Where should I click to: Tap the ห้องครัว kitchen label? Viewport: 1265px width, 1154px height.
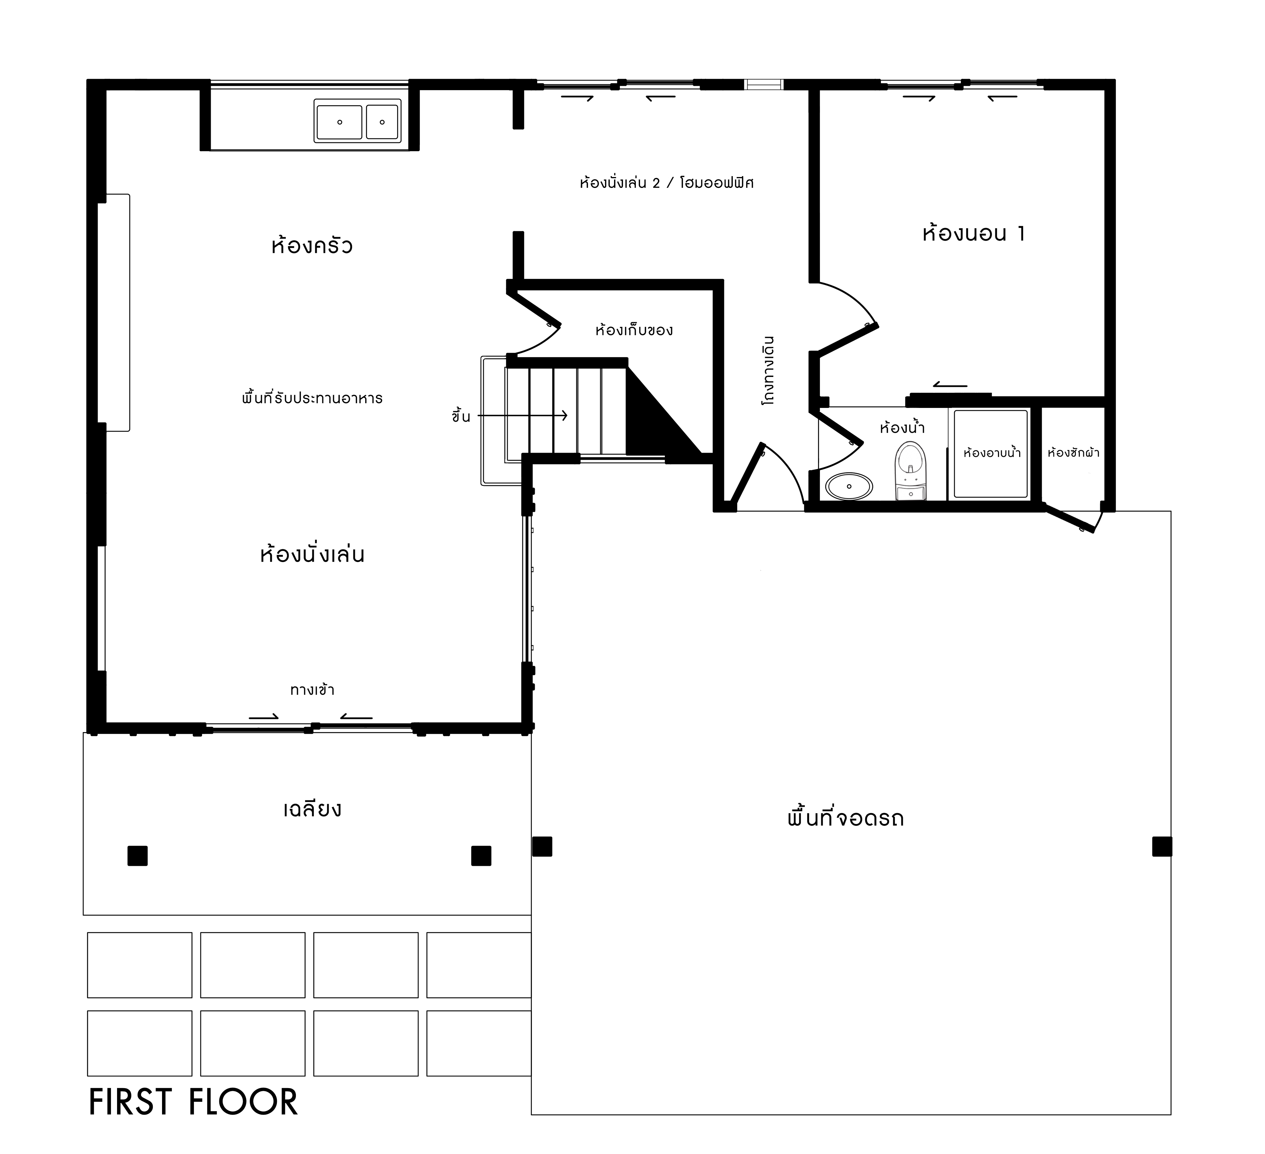click(312, 245)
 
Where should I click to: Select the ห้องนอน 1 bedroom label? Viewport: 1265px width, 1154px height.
click(973, 233)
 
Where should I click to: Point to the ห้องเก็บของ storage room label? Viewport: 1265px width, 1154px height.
click(634, 330)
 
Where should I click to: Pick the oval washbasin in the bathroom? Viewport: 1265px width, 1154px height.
click(848, 486)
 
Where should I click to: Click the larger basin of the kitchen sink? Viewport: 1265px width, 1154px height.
click(339, 122)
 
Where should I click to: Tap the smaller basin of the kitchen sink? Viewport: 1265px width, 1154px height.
click(382, 122)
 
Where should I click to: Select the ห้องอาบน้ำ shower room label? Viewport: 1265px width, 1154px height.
click(992, 452)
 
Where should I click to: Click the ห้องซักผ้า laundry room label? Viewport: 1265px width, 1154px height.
click(1073, 452)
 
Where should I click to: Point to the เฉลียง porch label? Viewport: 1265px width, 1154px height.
click(312, 809)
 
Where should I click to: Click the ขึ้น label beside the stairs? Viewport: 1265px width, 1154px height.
click(461, 416)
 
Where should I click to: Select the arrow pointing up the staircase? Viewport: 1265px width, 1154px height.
click(523, 415)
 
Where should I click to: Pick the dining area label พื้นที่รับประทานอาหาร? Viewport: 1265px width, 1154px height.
click(312, 398)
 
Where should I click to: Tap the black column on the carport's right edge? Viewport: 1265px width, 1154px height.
click(1161, 847)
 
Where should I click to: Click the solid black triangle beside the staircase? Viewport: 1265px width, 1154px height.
click(653, 420)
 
